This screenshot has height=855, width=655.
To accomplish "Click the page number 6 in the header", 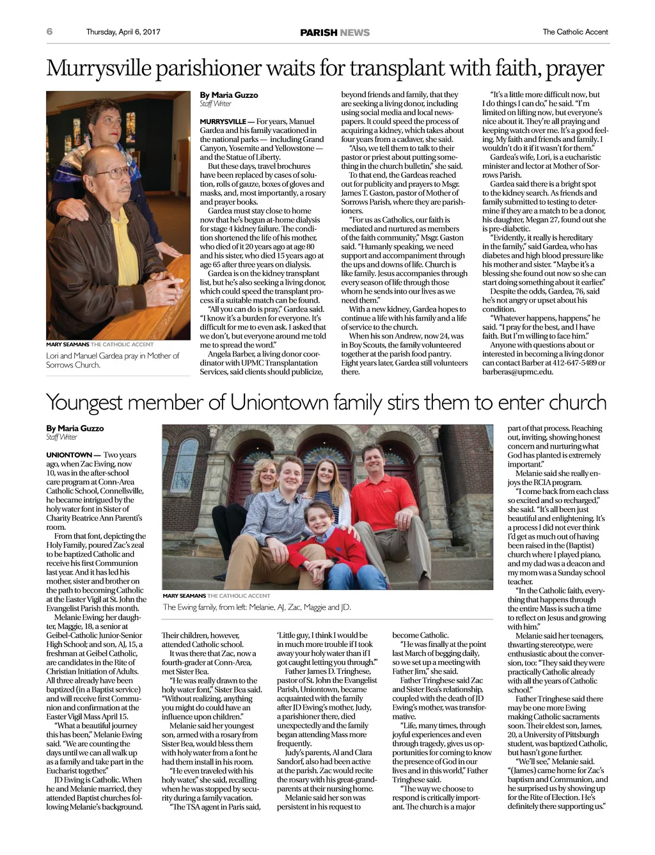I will click(x=49, y=31).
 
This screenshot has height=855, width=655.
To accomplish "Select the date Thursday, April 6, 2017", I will click(x=123, y=32).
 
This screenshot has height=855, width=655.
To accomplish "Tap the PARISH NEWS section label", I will click(x=335, y=33).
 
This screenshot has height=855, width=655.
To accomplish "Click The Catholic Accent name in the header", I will click(x=575, y=32).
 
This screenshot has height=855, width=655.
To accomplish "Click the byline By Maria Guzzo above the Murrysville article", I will click(x=229, y=95).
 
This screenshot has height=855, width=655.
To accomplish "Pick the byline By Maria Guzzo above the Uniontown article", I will click(x=75, y=428).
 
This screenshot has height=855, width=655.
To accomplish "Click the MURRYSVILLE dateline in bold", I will click(x=222, y=122).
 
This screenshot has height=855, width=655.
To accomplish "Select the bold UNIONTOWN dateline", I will click(x=69, y=455).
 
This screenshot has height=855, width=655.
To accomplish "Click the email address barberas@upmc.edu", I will click(x=517, y=372).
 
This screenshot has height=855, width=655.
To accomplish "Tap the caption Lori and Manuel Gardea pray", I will click(x=113, y=360).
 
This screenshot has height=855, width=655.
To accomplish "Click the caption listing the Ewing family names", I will click(x=256, y=607).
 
